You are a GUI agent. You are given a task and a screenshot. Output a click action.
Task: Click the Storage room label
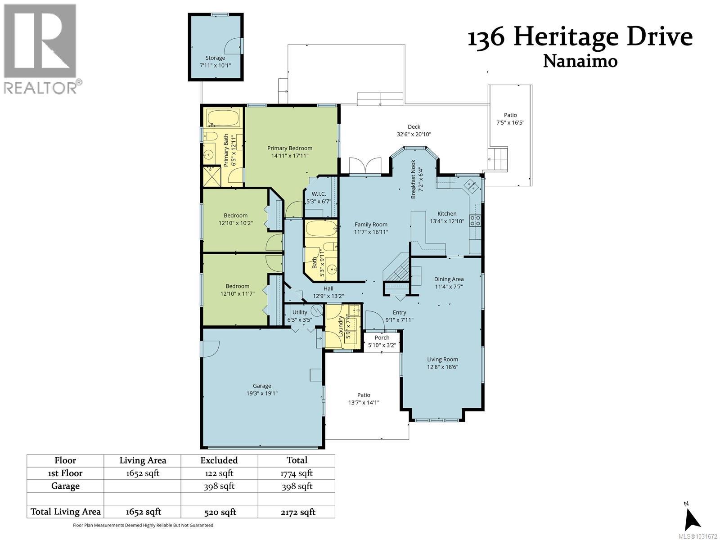[215, 58]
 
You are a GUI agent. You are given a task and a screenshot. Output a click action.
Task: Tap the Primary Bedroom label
[289, 148]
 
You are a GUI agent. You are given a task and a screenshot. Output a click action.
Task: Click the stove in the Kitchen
[475, 220]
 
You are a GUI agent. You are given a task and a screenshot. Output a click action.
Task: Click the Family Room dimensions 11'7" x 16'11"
[371, 232]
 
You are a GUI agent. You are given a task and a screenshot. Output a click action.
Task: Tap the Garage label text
[261, 386]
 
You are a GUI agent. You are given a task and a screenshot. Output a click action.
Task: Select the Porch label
[382, 337]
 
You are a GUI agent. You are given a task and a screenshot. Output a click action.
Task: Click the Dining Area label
[449, 279]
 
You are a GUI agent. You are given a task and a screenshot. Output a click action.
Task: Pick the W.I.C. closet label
[319, 193]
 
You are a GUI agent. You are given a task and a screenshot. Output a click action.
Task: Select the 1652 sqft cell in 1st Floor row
[143, 473]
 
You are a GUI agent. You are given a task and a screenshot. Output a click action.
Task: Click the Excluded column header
[219, 460]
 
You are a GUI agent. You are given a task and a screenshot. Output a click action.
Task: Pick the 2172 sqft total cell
[297, 512]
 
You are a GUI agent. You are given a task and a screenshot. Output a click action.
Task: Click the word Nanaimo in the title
[580, 61]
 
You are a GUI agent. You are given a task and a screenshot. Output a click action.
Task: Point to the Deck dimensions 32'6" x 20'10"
[414, 134]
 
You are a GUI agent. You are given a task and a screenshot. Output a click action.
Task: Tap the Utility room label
[300, 312]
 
